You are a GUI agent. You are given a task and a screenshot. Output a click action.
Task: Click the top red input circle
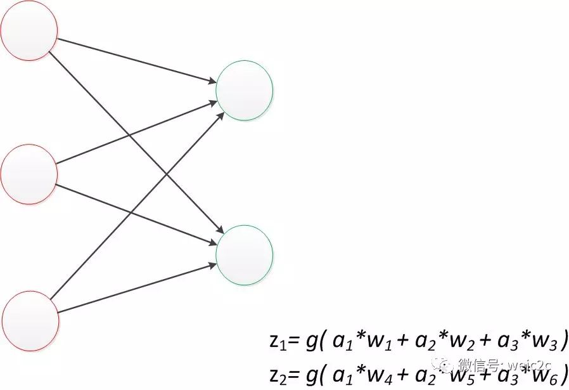pos(29,29)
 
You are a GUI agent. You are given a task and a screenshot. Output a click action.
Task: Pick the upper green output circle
pos(244,90)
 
